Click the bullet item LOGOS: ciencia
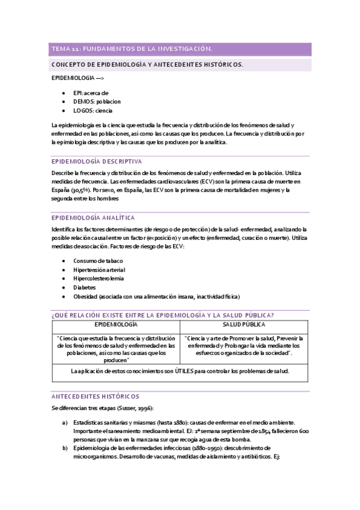93,111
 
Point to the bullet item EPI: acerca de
91,93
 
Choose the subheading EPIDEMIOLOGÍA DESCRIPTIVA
97,161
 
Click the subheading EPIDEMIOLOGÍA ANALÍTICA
93,218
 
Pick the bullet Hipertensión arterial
99,269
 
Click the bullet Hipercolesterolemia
99,278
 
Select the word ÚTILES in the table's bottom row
177,371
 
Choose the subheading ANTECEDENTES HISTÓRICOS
96,396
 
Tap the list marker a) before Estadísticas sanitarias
64,423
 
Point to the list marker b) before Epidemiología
64,448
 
